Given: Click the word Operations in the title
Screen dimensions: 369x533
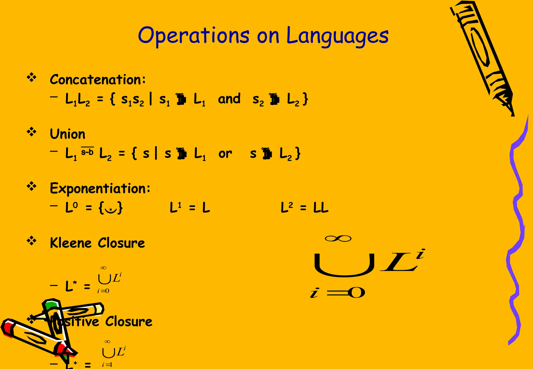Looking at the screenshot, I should [194, 36].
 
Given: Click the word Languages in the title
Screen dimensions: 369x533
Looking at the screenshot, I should [337, 36].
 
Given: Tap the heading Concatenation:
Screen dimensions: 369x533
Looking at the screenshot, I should [98, 79].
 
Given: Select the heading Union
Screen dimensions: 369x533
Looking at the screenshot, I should [67, 134].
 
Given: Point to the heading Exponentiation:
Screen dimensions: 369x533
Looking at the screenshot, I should [100, 188].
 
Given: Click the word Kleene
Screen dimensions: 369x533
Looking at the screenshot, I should [71, 243].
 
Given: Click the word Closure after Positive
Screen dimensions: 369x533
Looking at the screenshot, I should [129, 321].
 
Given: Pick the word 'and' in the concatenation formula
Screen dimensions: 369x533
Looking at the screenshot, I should [229, 99].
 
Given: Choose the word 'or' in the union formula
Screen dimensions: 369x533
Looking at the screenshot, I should [225, 154].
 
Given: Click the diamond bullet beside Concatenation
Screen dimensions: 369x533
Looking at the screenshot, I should [31, 78].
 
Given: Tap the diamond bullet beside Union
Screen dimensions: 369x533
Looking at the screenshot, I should [31, 132].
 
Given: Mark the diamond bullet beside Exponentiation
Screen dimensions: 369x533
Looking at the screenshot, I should [31, 186].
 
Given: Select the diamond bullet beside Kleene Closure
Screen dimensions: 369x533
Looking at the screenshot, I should [31, 241].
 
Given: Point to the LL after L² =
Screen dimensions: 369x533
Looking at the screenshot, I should [321, 208].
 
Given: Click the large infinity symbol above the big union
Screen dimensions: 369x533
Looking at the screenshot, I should [338, 238].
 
